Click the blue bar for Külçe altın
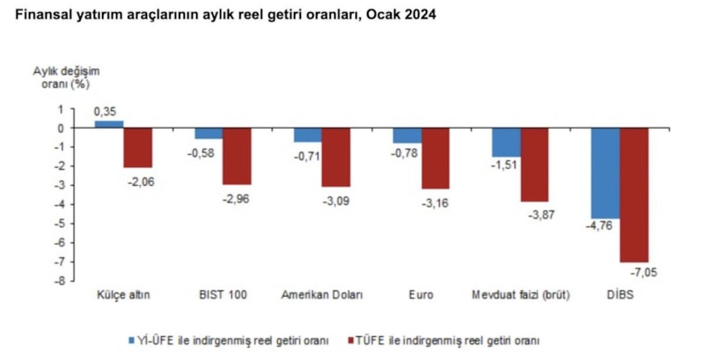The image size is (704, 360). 108,124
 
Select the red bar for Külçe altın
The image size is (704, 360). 137,148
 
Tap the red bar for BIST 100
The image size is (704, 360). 236,156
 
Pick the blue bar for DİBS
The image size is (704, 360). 605,173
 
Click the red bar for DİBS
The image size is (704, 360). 634,195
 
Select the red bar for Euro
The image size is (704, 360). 435,158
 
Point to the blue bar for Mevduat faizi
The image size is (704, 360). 506,143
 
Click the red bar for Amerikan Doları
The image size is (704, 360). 335,158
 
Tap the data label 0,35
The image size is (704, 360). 106,112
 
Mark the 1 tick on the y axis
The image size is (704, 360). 60,109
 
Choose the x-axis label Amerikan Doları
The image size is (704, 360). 321,294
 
